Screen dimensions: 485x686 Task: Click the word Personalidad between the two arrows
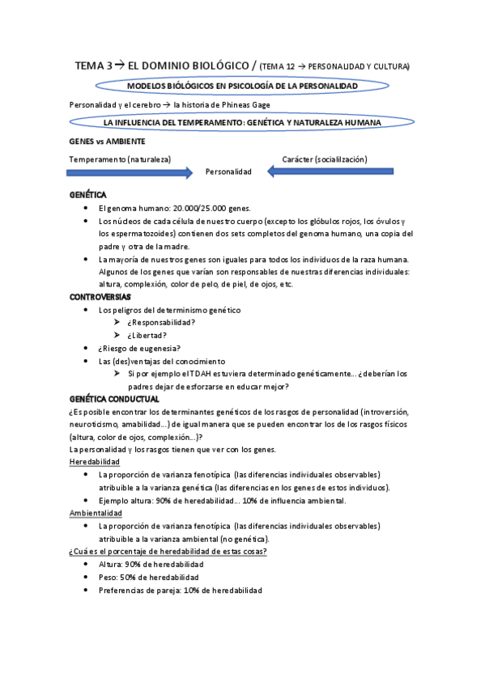[x=228, y=171]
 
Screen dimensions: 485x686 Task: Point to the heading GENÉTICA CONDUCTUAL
[x=114, y=399]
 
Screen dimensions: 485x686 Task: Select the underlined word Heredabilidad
[x=95, y=462]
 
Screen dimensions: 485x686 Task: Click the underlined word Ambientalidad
[x=96, y=513]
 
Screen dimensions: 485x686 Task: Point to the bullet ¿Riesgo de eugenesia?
[x=134, y=349]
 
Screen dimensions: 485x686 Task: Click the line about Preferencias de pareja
[x=180, y=591]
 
